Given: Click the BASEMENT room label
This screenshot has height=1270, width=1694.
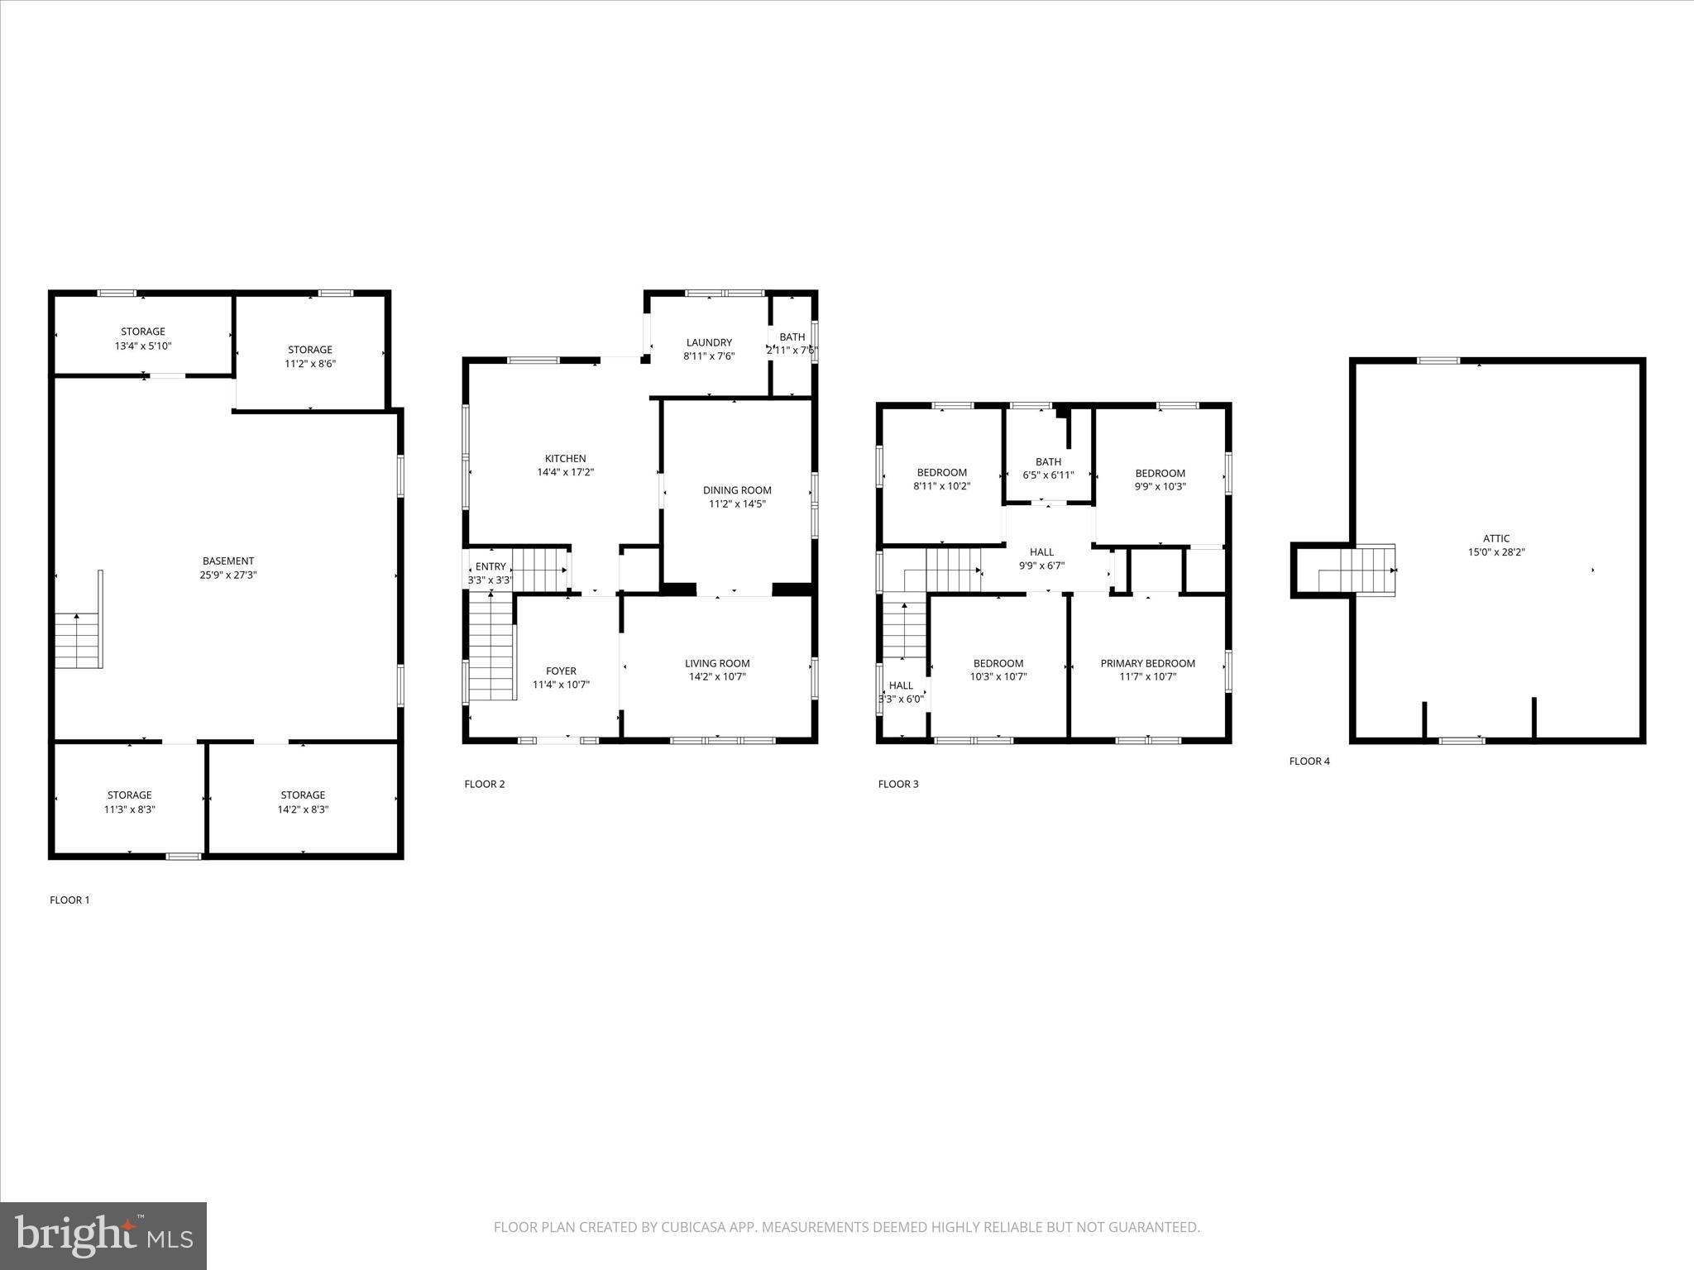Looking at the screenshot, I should (x=228, y=561).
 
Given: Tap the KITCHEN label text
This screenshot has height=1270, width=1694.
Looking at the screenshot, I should (x=565, y=458).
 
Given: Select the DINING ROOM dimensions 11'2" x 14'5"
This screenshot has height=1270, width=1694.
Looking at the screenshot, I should (x=737, y=504).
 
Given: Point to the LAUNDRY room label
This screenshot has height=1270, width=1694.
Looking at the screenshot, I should (x=709, y=342).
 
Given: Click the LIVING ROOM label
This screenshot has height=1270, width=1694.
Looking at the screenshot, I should (x=717, y=663).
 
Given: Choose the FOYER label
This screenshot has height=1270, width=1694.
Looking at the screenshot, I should (x=561, y=671).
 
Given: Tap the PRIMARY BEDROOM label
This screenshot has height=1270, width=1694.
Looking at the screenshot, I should (x=1147, y=663).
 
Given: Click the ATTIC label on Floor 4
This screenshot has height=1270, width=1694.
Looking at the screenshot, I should (x=1496, y=538).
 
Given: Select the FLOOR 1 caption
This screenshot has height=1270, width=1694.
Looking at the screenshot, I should (x=69, y=900).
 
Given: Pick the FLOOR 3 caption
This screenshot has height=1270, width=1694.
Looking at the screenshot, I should (x=898, y=784).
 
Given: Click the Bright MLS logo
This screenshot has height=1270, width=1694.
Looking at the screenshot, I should (x=103, y=1235).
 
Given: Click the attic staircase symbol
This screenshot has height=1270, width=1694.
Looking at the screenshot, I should (x=1357, y=570).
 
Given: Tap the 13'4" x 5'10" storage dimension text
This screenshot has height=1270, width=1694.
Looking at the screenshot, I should (x=143, y=346).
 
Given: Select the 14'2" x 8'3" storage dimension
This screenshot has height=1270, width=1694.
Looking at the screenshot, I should (x=303, y=809).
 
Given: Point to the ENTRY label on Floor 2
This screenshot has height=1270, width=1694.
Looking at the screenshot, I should (x=490, y=566).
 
